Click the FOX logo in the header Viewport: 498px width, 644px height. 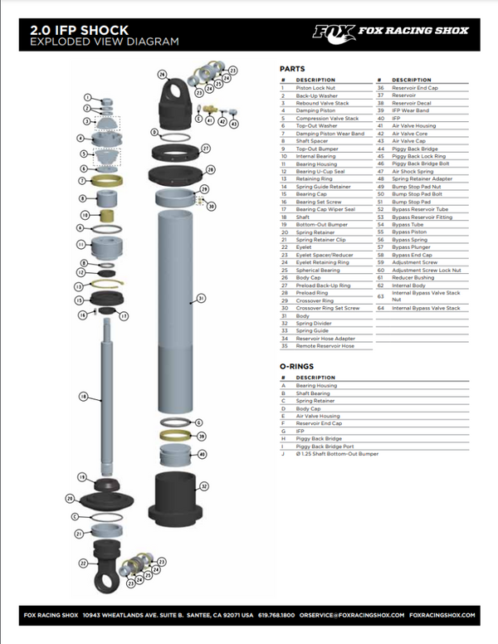point(334,32)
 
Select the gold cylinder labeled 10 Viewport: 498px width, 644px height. point(106,227)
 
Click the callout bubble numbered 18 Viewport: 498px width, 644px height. point(83,397)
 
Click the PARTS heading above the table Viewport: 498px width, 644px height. point(291,69)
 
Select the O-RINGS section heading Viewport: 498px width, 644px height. point(297,365)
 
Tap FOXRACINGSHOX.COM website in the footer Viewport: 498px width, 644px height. point(443,615)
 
